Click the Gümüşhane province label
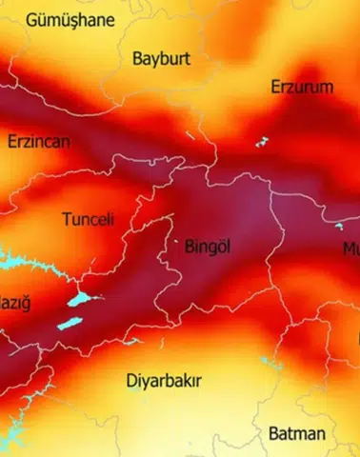[70, 19]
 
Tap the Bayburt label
[161, 58]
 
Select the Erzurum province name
[302, 88]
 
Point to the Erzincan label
[39, 141]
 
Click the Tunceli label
[88, 219]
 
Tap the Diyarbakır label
[164, 381]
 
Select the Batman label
[296, 433]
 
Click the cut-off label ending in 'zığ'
[14, 304]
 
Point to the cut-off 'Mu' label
[350, 248]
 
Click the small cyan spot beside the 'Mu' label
[339, 227]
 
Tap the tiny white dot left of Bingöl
[175, 242]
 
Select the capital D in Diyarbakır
[131, 381]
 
